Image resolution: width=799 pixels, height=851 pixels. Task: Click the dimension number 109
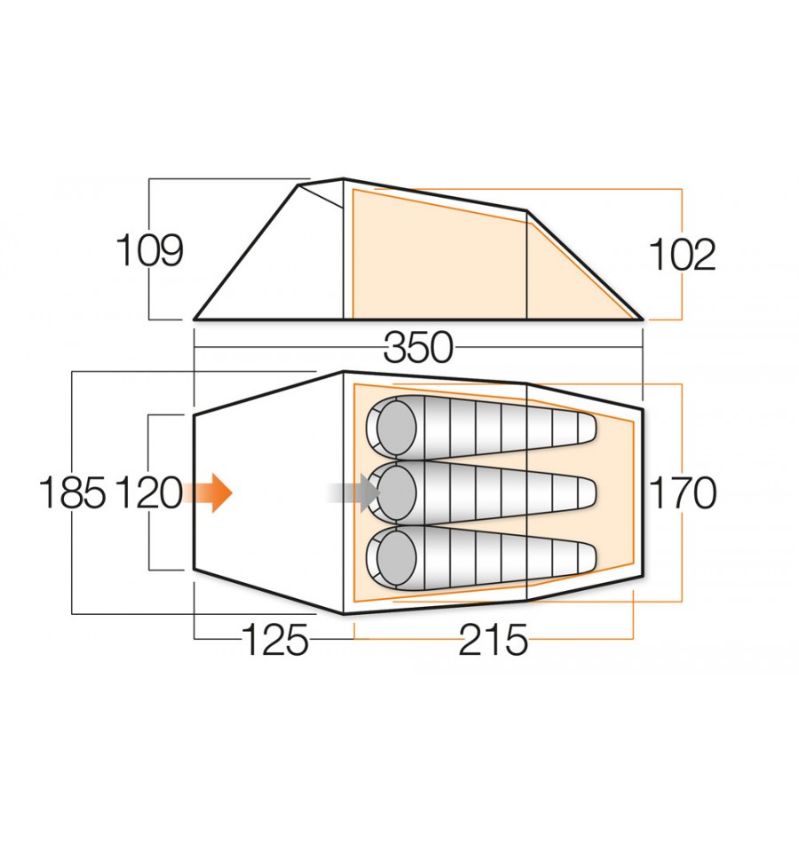pos(150,252)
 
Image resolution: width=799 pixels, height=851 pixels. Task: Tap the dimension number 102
pos(682,256)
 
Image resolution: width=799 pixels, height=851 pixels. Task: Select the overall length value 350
pos(418,349)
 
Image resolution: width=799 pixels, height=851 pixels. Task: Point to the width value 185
pos(73,492)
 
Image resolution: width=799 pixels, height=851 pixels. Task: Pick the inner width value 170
pos(682,492)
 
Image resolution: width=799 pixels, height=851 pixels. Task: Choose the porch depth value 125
pos(275,640)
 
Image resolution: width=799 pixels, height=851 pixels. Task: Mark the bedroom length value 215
pos(493,640)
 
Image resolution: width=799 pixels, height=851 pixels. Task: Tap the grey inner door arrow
pos(352,492)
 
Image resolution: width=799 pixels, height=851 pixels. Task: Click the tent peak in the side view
pos(343,179)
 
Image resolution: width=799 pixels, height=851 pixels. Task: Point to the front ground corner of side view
pos(195,318)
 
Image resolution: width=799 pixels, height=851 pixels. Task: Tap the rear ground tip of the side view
pos(641,318)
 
